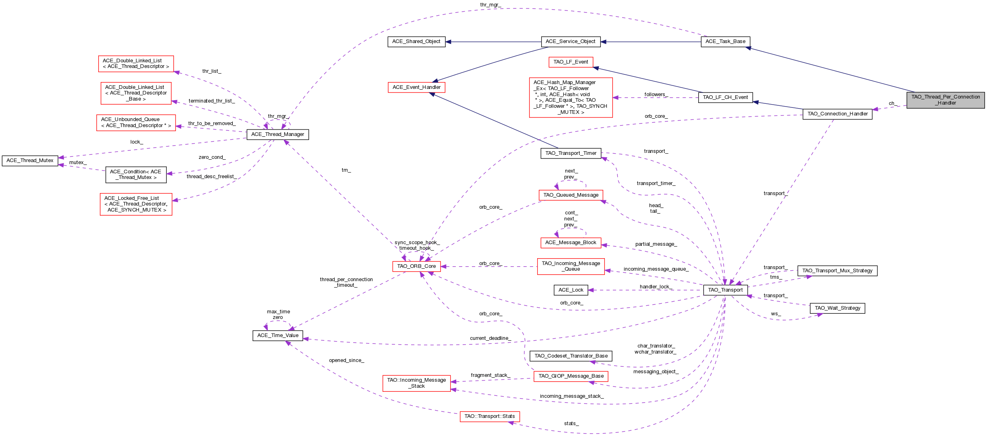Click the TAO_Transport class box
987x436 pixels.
(725, 290)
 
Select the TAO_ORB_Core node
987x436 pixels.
(416, 266)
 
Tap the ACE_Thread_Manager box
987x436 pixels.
(277, 134)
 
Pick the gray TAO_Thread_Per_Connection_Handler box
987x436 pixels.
(945, 100)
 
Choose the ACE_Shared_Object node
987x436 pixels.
(416, 41)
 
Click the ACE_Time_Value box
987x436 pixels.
(277, 335)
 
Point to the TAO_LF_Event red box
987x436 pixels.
(571, 62)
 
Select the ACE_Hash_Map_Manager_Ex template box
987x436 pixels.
(571, 97)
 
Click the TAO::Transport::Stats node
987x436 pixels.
(489, 416)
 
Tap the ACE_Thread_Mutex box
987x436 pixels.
(30, 160)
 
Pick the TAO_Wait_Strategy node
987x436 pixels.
(837, 308)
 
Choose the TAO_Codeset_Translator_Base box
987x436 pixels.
(571, 356)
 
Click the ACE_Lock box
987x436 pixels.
(571, 290)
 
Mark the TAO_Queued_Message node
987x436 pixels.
(571, 195)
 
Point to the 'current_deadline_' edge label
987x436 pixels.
(490, 338)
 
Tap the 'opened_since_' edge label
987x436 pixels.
(346, 360)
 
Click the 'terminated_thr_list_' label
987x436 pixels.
(211, 101)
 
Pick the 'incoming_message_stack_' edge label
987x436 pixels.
(571, 396)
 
